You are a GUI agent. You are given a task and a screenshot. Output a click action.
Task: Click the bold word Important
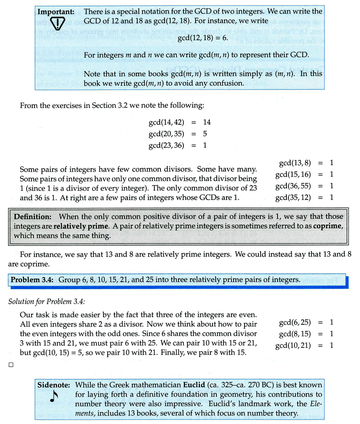point(56,12)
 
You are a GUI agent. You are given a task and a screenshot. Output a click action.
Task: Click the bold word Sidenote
point(54,385)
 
